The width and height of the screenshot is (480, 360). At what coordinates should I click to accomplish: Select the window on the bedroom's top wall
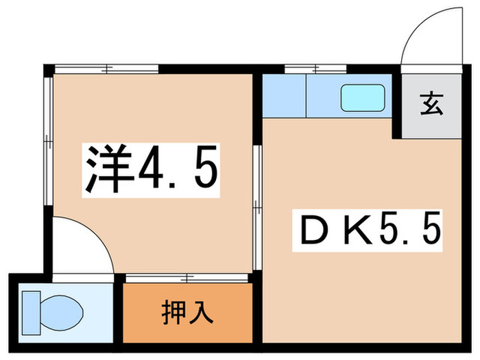[106, 68]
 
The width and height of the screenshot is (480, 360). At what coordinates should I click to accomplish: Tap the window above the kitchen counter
[315, 68]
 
